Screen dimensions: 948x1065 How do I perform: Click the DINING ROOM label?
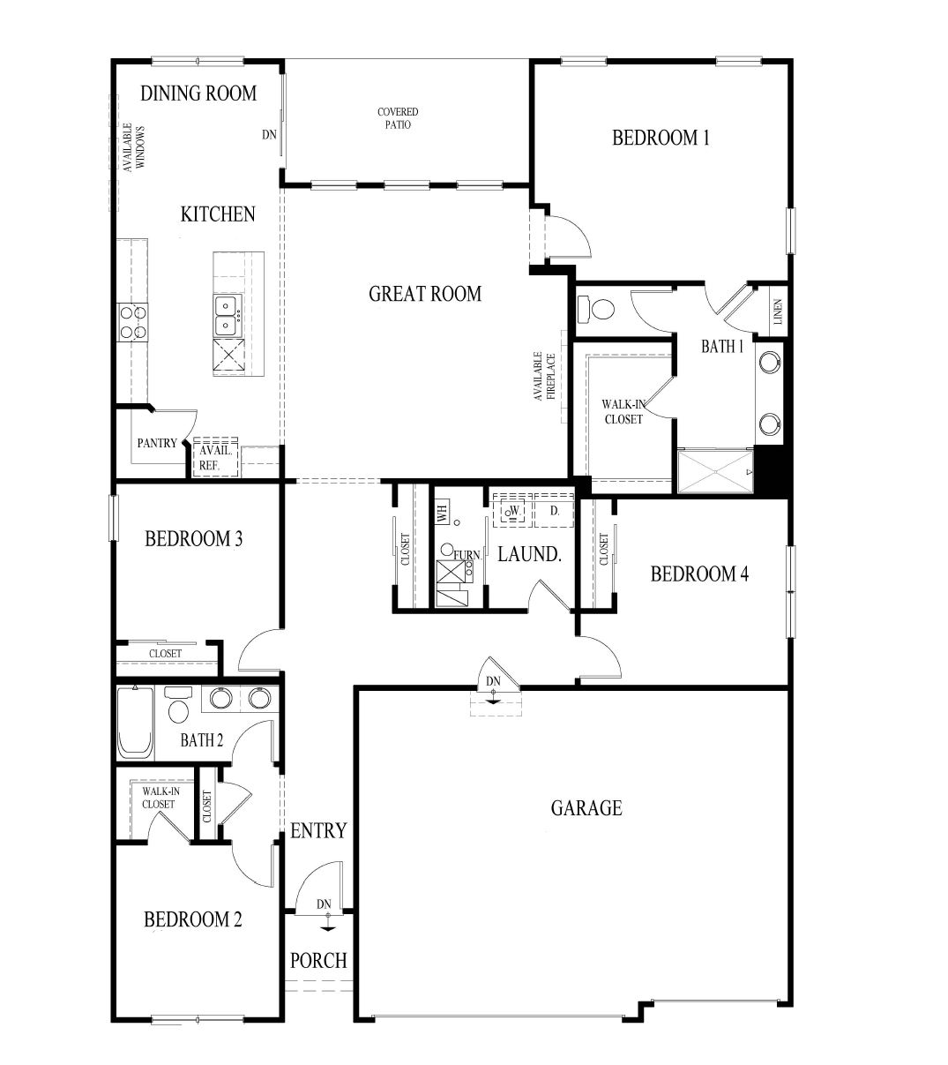[x=198, y=94]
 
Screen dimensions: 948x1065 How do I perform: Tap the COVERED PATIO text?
[x=398, y=118]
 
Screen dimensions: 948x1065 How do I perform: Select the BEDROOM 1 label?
[x=661, y=138]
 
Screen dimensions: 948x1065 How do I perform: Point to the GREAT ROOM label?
[x=424, y=293]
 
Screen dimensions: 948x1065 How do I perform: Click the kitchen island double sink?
[x=228, y=315]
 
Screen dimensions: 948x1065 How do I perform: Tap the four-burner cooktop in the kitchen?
[x=132, y=322]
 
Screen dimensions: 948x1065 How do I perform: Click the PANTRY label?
[x=157, y=443]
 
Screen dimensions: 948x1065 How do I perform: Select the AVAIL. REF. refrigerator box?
[x=215, y=457]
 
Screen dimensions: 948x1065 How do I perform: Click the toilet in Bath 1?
[x=595, y=309]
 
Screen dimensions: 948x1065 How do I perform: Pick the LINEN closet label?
[x=779, y=311]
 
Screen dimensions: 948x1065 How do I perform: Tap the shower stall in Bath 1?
[x=716, y=471]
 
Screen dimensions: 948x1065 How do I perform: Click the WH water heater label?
[x=442, y=513]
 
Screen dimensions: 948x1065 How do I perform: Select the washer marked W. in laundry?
[x=513, y=510]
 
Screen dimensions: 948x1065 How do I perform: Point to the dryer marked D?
[x=554, y=510]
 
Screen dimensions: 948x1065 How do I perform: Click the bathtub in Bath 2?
[x=135, y=723]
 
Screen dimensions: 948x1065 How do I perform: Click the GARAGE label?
[x=586, y=808]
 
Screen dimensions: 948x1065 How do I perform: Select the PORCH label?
[x=318, y=961]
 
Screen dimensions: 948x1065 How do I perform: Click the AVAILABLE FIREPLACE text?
[x=544, y=376]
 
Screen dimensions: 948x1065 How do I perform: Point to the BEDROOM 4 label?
[x=699, y=574]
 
